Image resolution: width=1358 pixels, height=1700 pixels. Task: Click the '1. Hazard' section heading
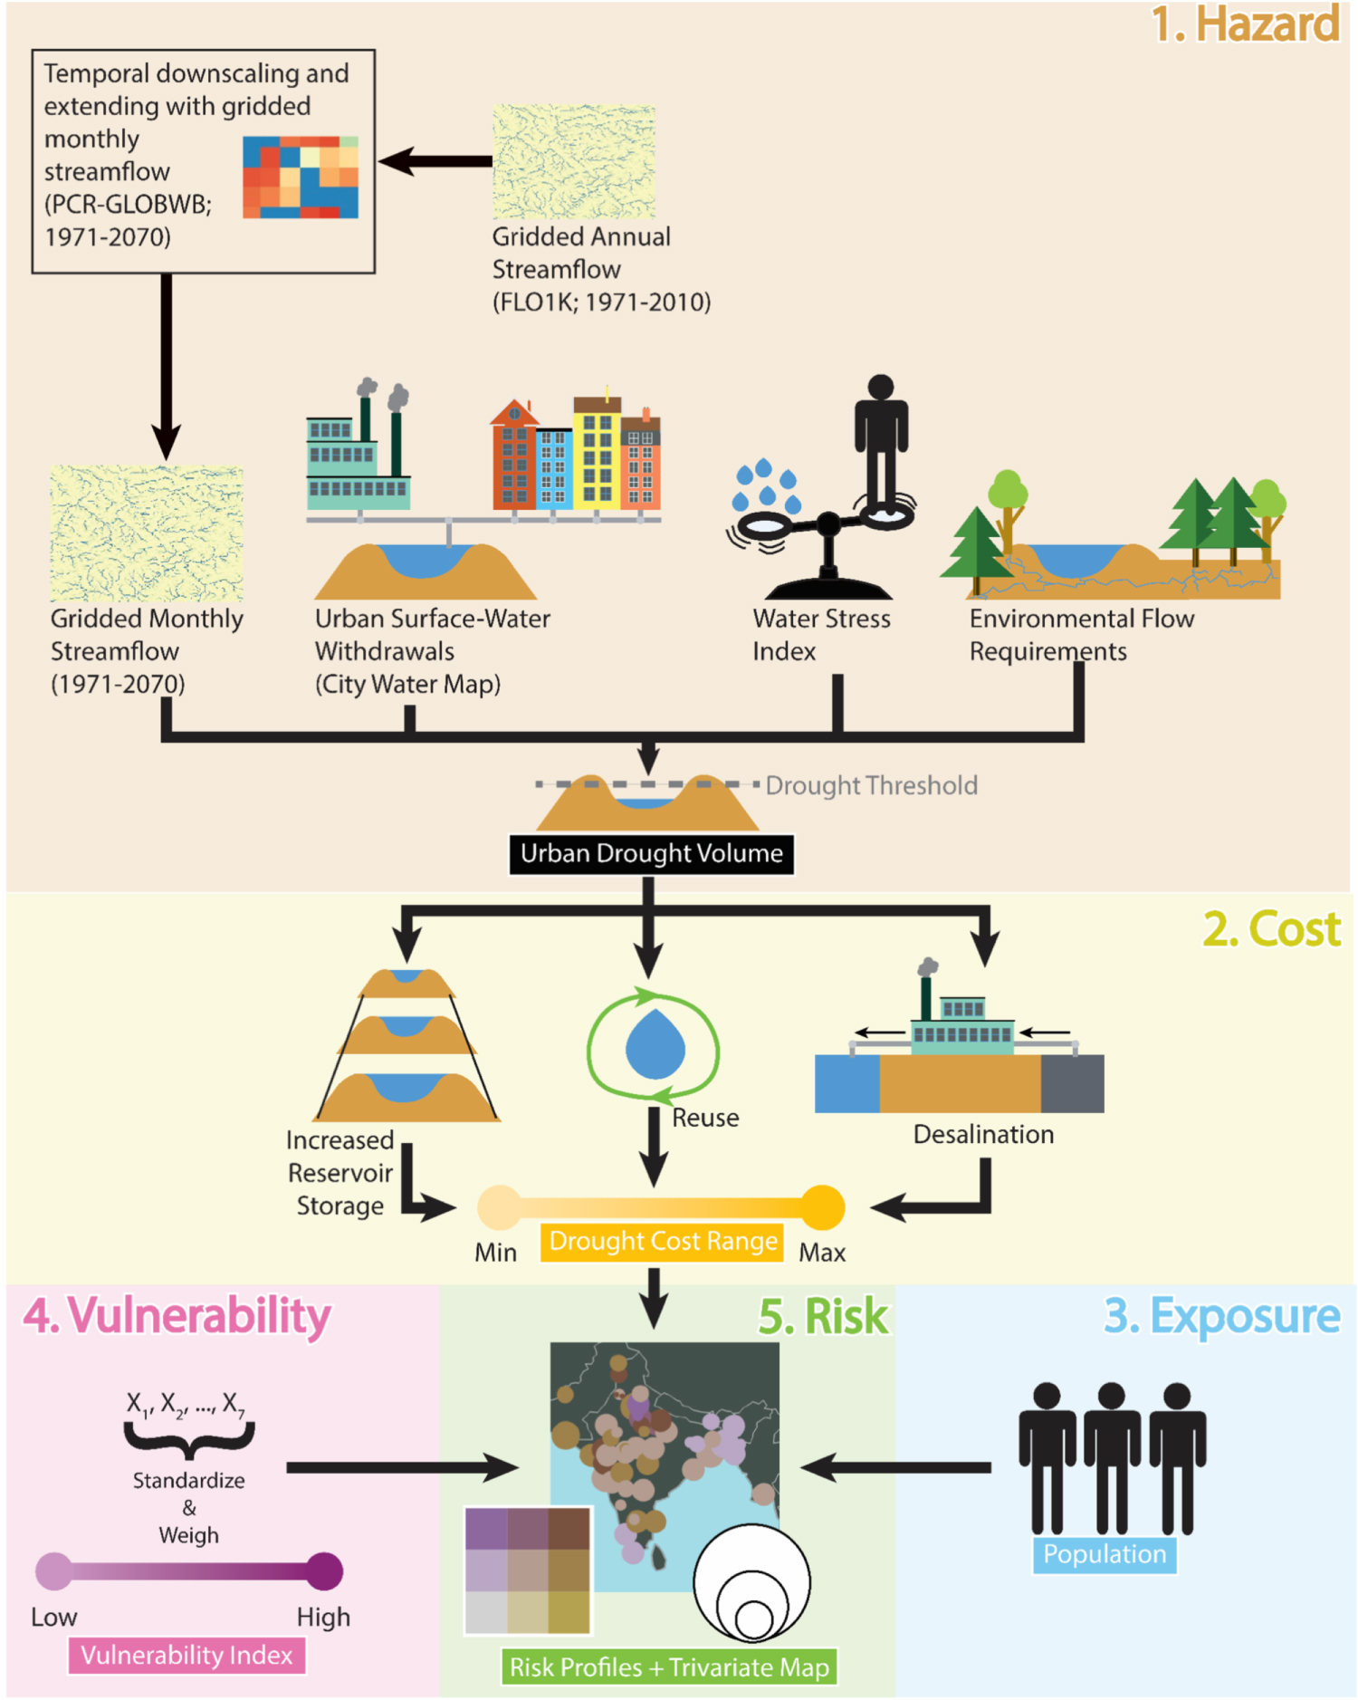click(1245, 24)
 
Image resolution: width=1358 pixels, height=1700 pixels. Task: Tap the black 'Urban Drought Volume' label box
click(651, 854)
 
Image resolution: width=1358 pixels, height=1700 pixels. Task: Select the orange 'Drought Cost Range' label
click(663, 1242)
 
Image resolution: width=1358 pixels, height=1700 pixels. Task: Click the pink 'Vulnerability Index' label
click(186, 1656)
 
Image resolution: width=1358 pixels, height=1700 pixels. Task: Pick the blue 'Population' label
click(1105, 1555)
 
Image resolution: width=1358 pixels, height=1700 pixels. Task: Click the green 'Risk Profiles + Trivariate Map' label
click(669, 1667)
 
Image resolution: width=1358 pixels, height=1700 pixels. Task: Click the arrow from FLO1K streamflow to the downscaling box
click(435, 162)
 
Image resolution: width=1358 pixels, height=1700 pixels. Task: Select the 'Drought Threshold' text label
click(871, 785)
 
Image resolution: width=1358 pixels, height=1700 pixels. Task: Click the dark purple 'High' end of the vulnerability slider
click(323, 1571)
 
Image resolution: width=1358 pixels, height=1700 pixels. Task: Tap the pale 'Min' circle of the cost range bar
click(499, 1207)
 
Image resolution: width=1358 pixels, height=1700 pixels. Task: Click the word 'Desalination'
click(983, 1135)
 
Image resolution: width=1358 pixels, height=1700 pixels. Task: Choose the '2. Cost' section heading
click(1271, 929)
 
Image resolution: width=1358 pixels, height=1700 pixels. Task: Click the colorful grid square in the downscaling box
click(301, 178)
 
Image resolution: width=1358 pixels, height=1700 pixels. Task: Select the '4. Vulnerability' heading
click(177, 1316)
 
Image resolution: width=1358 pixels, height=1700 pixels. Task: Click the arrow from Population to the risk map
click(896, 1467)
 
